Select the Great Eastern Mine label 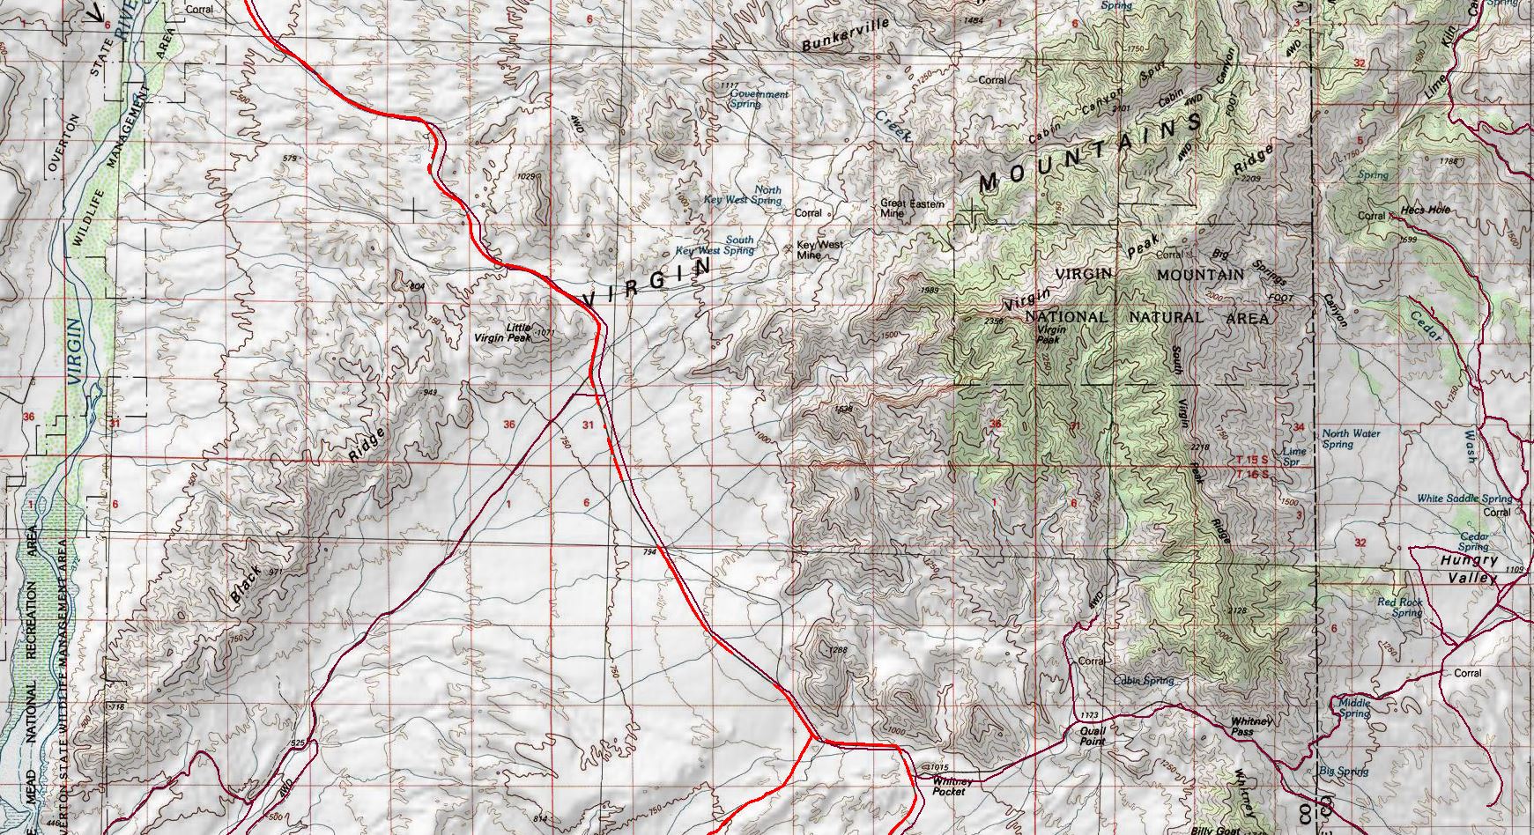(x=912, y=208)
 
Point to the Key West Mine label (x=819, y=250)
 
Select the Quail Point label (x=1093, y=736)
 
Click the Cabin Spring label (x=1144, y=681)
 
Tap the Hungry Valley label (x=1469, y=569)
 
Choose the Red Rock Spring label (x=1400, y=608)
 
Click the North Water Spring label (x=1351, y=439)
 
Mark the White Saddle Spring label (x=1464, y=499)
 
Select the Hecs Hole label (x=1425, y=211)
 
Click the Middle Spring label (x=1354, y=708)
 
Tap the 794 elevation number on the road (x=650, y=552)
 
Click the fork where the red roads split (x=811, y=736)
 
